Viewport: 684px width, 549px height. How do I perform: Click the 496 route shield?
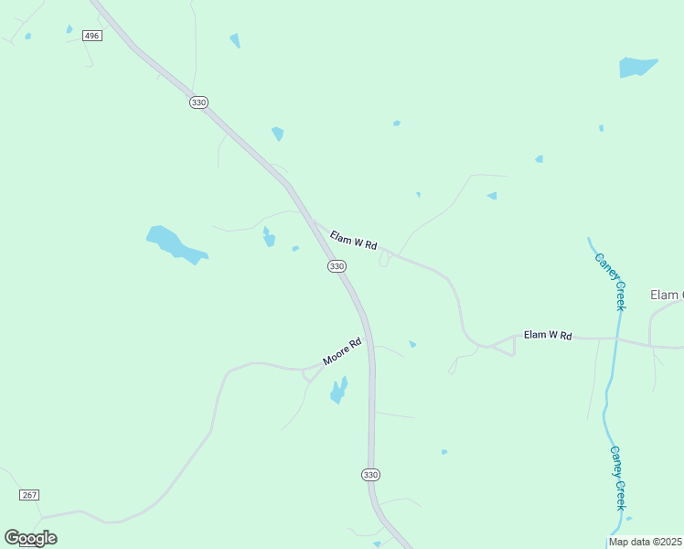[x=91, y=36]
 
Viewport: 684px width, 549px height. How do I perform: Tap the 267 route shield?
[x=29, y=495]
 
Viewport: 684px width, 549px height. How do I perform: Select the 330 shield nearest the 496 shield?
[x=198, y=102]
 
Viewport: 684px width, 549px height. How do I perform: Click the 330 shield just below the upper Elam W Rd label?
[x=337, y=266]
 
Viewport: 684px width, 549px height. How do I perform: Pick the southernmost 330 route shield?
[x=369, y=475]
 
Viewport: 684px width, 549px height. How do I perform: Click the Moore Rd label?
[x=343, y=352]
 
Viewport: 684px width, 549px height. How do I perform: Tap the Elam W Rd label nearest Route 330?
[x=353, y=241]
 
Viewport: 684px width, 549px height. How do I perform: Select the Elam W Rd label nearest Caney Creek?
[x=548, y=336]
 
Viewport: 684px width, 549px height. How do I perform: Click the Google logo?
[x=30, y=538]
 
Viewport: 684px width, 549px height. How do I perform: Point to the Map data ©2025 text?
[x=646, y=542]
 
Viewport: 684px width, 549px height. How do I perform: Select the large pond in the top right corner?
[x=637, y=67]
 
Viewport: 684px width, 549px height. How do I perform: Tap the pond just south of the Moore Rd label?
[x=339, y=391]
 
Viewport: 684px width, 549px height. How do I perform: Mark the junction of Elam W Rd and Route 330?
[x=314, y=221]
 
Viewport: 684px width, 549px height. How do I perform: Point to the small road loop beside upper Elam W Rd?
[x=384, y=261]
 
